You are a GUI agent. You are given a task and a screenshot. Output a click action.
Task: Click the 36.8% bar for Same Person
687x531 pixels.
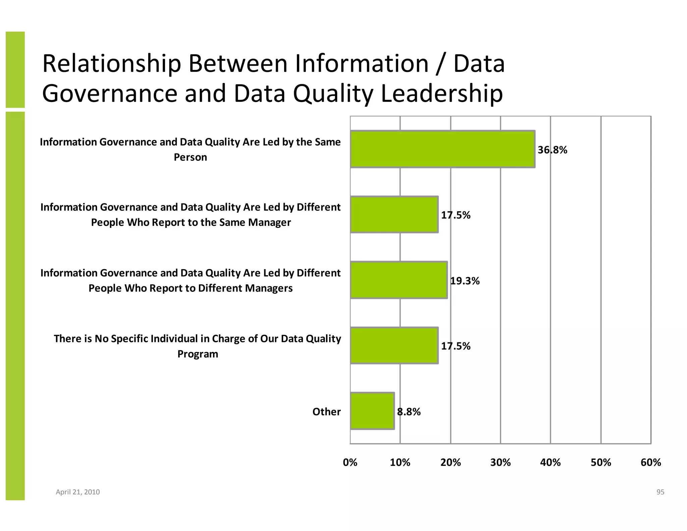pos(442,149)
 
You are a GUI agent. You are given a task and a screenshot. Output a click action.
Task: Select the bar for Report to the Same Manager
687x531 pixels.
pos(394,214)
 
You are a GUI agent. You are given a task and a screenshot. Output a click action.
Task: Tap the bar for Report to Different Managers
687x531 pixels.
pos(399,280)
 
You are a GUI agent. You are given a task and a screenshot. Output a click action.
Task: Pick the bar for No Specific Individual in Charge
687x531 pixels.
pos(394,345)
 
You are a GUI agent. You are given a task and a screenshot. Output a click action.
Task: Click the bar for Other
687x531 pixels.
pos(372,411)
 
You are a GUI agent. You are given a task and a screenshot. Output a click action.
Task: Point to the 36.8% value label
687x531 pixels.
pos(552,150)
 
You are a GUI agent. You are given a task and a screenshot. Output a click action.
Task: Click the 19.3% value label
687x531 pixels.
pos(465,281)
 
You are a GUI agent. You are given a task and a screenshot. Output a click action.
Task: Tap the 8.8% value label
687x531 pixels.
pos(409,412)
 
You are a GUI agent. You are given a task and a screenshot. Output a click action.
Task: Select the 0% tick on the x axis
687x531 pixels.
pos(350,463)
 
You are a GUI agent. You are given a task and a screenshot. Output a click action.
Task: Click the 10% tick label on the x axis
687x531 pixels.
pos(400,463)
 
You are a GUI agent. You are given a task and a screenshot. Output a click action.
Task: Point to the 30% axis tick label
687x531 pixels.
pos(500,463)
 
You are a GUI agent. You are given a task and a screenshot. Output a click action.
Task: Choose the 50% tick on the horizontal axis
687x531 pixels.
pos(600,463)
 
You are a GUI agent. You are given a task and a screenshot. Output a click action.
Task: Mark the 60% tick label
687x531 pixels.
pos(650,463)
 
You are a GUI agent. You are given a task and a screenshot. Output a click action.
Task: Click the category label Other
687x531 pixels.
pos(326,412)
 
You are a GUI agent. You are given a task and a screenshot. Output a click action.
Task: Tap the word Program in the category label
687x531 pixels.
pos(198,354)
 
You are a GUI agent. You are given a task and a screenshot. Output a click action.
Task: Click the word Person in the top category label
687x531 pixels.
pos(190,157)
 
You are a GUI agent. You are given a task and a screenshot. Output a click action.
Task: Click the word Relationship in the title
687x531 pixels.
pos(112,64)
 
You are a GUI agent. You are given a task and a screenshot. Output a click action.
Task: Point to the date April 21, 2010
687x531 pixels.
pos(77,492)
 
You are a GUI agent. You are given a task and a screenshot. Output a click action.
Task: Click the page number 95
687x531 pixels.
pos(660,492)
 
